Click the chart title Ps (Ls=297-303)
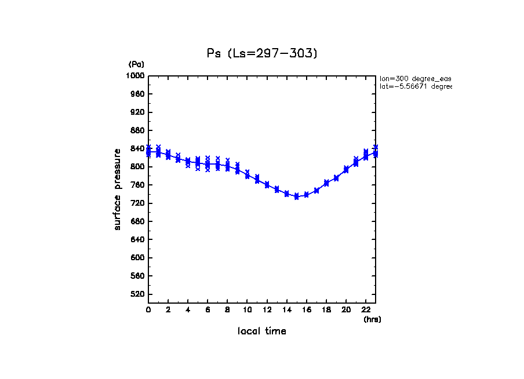262,53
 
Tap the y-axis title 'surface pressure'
118,188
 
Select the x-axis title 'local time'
262,331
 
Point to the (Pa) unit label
136,64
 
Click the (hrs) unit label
372,319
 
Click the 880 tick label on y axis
137,130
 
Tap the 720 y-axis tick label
137,203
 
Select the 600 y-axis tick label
137,258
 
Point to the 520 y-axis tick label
137,294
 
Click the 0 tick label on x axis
148,310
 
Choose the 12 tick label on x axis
267,310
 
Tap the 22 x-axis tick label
366,310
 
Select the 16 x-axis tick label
307,310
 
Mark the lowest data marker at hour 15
297,197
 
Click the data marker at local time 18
326,183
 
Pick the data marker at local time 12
267,185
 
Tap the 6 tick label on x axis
208,310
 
